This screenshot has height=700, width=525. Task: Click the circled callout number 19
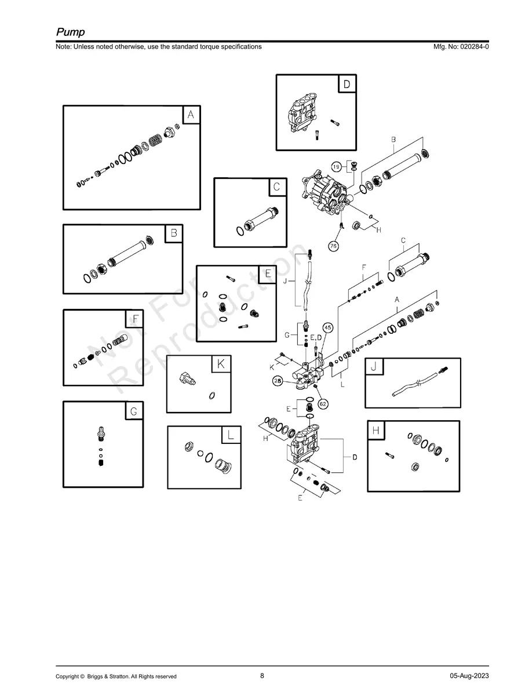coord(336,167)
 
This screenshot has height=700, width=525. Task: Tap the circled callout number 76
coord(333,246)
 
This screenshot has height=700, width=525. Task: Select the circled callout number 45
coord(328,328)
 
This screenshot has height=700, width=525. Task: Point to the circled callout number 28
coord(278,381)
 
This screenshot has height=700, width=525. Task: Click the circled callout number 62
coord(323,404)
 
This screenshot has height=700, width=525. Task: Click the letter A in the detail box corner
coord(191,115)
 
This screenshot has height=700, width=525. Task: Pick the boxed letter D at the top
coord(347,85)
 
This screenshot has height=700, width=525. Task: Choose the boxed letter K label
coord(221,364)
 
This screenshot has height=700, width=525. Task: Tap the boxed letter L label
coord(231,436)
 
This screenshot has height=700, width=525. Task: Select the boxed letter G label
coord(133,411)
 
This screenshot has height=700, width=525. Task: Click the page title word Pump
coord(70,31)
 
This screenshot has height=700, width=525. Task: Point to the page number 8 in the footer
coord(262,676)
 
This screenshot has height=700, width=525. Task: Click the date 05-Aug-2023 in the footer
coord(469,676)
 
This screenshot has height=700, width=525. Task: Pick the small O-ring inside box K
coord(212,396)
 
